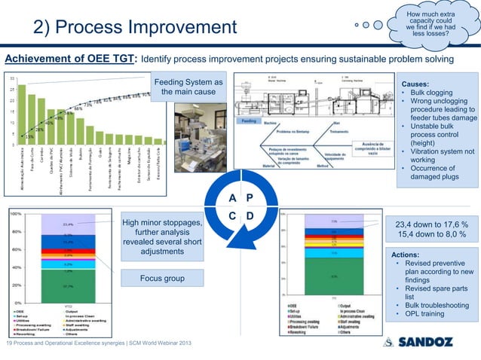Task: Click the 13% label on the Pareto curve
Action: click(28, 137)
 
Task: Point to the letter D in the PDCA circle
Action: click(250, 218)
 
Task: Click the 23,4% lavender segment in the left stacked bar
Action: click(68, 224)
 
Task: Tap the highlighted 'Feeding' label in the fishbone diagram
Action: click(250, 121)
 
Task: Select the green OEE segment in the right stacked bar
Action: click(332, 276)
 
